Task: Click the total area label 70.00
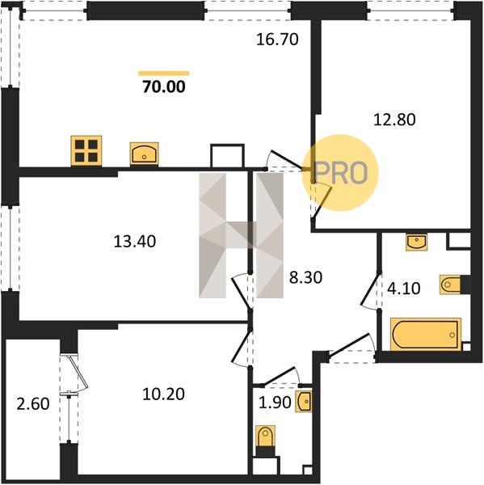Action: coord(164,86)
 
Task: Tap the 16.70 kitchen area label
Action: coord(277,40)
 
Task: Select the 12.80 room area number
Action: coord(394,120)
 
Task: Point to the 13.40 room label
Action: coord(134,241)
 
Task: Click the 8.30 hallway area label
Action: coord(305,277)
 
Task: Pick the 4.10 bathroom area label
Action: coord(403,289)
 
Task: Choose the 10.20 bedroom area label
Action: coord(163,394)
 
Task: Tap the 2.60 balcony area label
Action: coord(33,404)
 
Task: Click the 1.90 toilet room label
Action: coord(275,403)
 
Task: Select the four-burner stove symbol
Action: coord(86,151)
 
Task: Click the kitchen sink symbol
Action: coord(144,154)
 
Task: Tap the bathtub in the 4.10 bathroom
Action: coord(426,334)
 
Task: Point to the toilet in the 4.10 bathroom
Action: coord(455,284)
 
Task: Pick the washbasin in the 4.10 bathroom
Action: coord(417,242)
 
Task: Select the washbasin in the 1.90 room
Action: coord(304,401)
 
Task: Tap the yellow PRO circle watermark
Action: coord(340,173)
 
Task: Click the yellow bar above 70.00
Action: coord(163,74)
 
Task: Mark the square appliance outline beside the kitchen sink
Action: coord(227,156)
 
